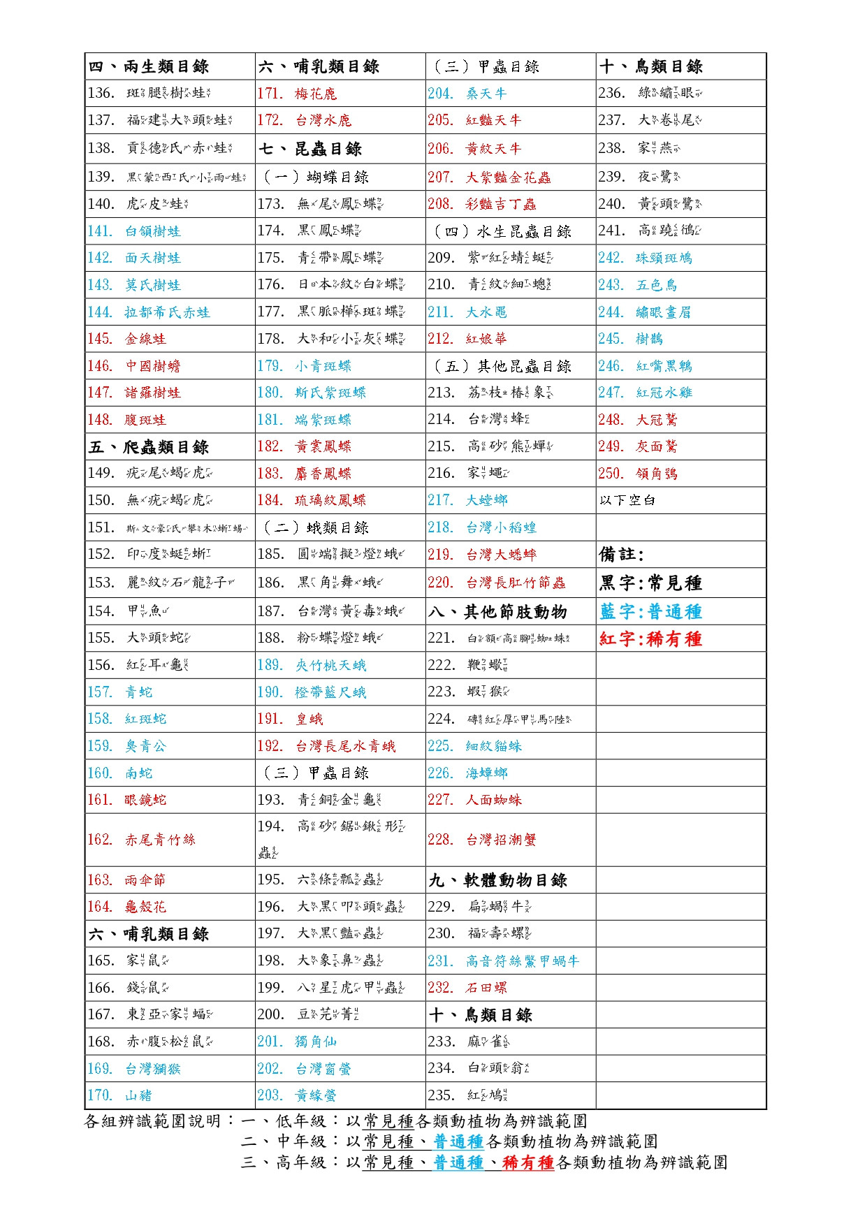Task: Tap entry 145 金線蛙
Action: coord(126,339)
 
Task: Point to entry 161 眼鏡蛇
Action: coord(126,800)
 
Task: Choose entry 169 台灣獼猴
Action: coord(133,1069)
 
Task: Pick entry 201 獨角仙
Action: coord(297,1042)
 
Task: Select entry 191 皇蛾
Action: coord(290,719)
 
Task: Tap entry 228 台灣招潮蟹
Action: coord(482,840)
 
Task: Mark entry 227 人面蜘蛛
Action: coord(475,800)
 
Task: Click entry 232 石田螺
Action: coord(467,988)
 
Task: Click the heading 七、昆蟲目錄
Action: coord(310,149)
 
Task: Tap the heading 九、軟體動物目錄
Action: coord(497,880)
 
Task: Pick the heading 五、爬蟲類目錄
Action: coord(149,447)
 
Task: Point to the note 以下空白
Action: coord(627,500)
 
